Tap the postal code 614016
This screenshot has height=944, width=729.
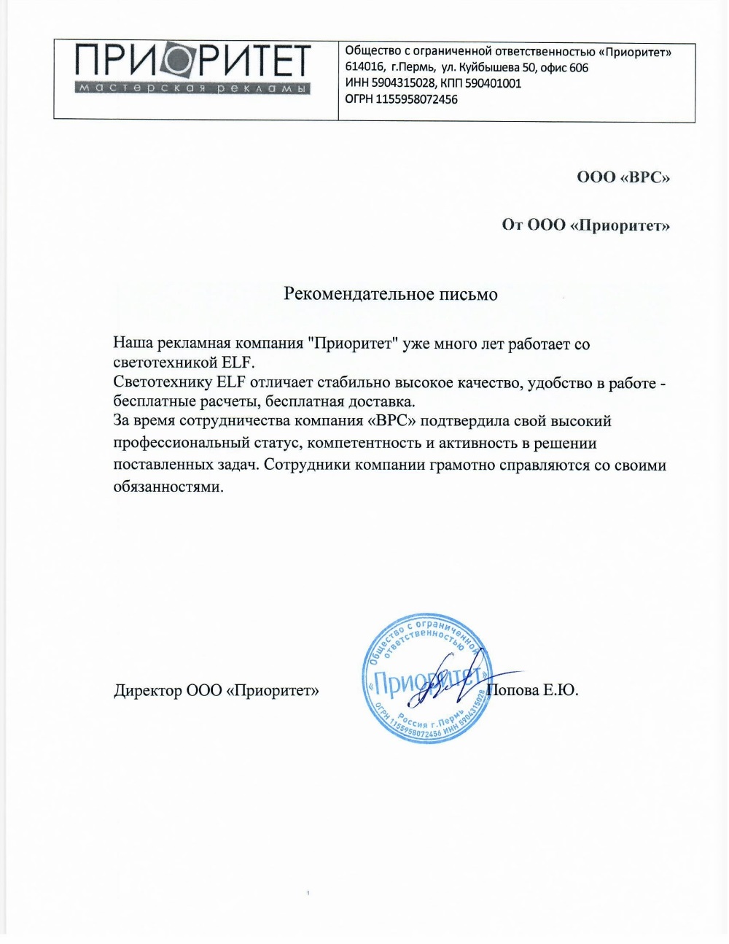pos(364,67)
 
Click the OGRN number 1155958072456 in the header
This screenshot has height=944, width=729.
pos(416,99)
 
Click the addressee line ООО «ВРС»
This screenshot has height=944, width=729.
pos(623,177)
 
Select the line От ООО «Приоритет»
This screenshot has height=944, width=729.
pos(585,225)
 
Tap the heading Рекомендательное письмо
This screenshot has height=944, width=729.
pos(390,294)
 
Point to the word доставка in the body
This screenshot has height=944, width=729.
pos(384,401)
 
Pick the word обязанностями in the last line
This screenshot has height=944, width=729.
pos(168,487)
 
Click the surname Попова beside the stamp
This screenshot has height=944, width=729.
pos(515,690)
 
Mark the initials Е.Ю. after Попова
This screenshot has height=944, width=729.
pos(561,690)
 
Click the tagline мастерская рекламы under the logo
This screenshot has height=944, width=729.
pos(193,88)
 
